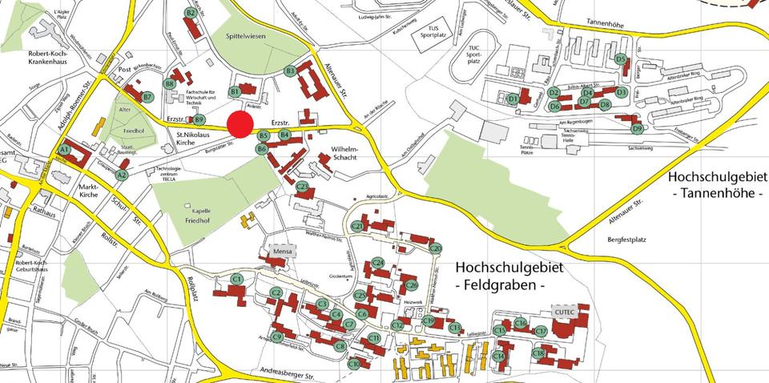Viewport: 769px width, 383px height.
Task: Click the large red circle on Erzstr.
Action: tap(240, 125)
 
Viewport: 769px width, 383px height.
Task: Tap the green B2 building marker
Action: tap(191, 13)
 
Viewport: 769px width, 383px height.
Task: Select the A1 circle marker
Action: tap(64, 150)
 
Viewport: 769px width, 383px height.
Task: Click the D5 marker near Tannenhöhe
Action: tap(620, 58)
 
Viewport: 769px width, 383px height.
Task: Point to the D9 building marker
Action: tap(637, 128)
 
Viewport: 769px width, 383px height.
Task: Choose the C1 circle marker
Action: tap(236, 278)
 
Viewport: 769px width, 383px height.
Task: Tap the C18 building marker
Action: tap(538, 353)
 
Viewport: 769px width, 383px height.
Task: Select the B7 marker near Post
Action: tap(147, 97)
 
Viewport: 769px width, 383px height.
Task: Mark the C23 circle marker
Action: tap(302, 187)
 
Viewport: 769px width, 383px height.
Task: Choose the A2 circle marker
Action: tap(122, 174)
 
